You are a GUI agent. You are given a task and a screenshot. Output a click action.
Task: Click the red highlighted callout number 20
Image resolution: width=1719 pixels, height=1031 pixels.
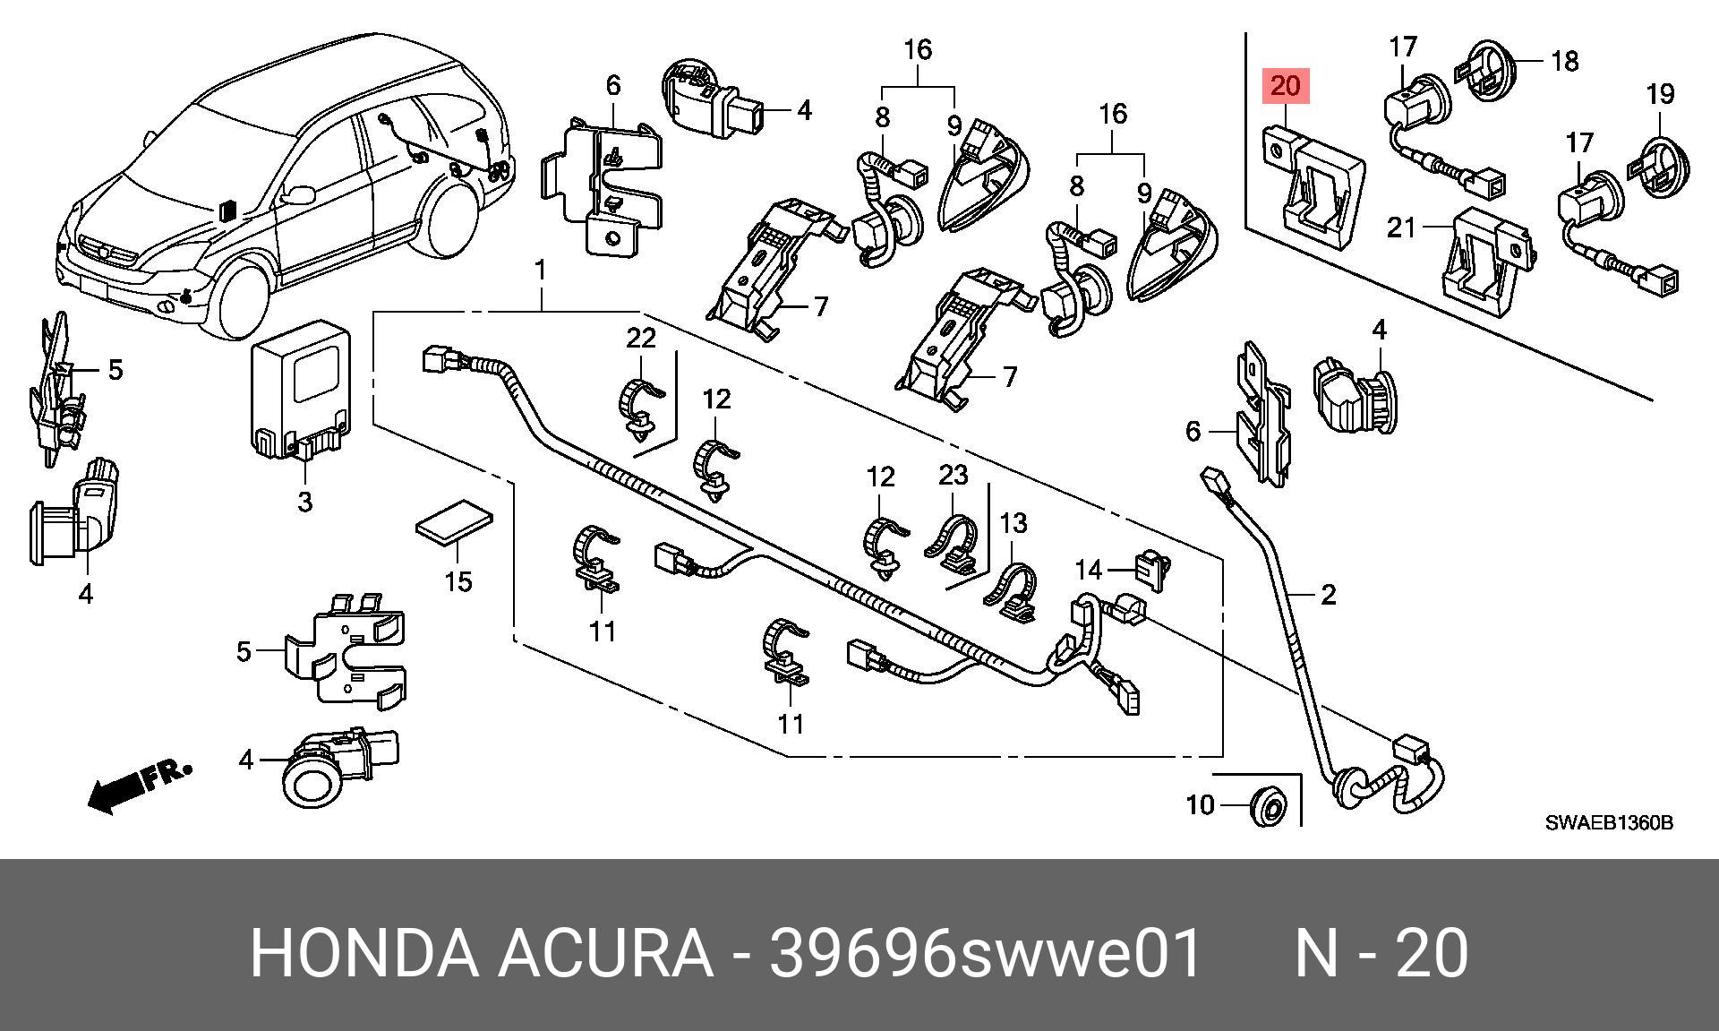[x=1285, y=87]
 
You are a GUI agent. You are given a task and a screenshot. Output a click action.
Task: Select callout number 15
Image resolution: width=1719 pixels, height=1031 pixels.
[x=458, y=581]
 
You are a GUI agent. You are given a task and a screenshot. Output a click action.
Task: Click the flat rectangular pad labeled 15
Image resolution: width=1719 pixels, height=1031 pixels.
[x=456, y=522]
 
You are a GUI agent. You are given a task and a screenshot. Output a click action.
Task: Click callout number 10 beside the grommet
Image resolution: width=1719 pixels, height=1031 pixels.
[x=1200, y=804]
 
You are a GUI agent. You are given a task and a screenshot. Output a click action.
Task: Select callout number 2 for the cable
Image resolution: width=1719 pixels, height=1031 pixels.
[x=1328, y=594]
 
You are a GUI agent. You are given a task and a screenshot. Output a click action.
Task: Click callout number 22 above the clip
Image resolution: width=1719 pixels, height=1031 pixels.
[x=641, y=338]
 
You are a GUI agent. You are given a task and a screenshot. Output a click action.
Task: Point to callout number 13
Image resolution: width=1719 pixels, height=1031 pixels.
[x=1013, y=522]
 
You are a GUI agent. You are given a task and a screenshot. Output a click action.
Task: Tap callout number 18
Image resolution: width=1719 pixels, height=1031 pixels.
[x=1564, y=61]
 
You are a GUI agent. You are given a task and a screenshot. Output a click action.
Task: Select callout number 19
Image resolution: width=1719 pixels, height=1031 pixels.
[x=1660, y=93]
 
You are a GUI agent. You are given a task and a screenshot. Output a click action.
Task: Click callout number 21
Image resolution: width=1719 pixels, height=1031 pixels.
[x=1401, y=228]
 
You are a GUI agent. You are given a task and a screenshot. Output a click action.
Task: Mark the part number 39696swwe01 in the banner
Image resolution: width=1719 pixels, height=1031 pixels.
[x=986, y=953]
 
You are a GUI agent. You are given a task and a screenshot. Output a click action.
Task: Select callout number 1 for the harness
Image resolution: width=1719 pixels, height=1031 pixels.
[x=541, y=269]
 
